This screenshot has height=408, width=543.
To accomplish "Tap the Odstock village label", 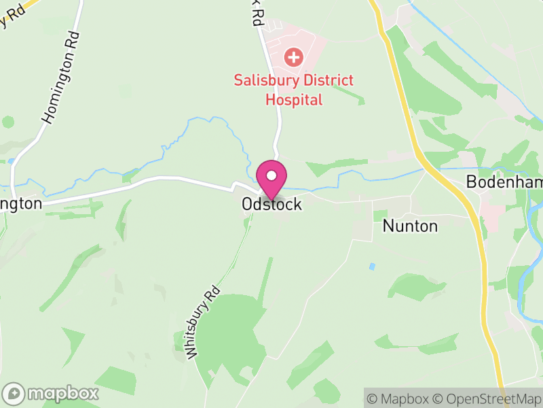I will click(x=271, y=204).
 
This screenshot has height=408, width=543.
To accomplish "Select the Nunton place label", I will click(x=410, y=226).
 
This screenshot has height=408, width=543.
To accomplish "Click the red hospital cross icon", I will click(x=294, y=56).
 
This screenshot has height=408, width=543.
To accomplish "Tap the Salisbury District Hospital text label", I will click(x=294, y=90).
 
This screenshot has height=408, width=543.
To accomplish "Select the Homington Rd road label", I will click(x=60, y=78).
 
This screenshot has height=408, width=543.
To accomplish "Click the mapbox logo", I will click(x=52, y=393).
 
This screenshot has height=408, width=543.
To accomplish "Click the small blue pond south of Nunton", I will click(x=371, y=267).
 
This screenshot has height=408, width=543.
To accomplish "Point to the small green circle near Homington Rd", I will click(x=8, y=122).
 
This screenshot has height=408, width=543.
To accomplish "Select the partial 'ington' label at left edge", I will click(x=20, y=203).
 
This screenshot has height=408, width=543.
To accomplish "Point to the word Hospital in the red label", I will click(x=293, y=100).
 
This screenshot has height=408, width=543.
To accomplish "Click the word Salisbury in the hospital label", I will click(x=261, y=80).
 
